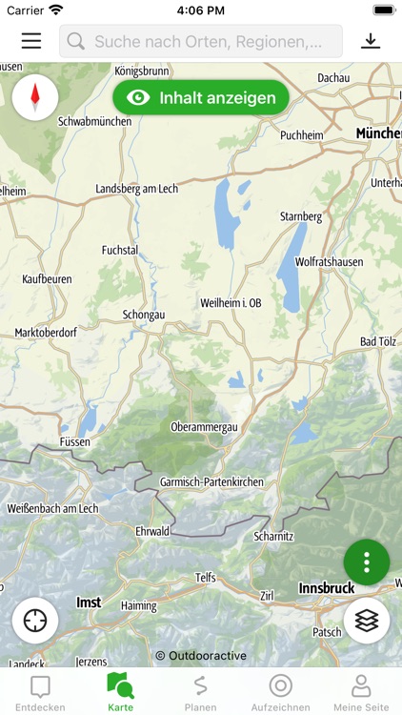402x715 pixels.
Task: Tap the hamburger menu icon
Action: click(x=31, y=41)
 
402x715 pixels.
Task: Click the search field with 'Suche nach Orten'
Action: click(x=201, y=41)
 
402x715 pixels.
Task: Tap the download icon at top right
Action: click(x=370, y=41)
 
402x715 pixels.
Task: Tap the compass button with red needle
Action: click(x=35, y=96)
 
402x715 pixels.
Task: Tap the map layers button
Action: click(x=367, y=621)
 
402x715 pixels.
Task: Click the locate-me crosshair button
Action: click(x=35, y=621)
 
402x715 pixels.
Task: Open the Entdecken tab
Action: click(x=40, y=693)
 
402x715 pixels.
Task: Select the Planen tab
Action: click(x=200, y=693)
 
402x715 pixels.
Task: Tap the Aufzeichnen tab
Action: click(x=280, y=693)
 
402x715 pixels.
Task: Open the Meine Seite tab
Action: click(x=361, y=693)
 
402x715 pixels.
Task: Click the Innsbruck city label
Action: click(x=327, y=588)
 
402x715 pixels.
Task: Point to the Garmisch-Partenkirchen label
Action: click(x=211, y=482)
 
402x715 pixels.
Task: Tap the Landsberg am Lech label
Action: click(x=137, y=189)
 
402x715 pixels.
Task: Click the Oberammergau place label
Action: click(x=203, y=427)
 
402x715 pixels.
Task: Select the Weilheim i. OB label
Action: click(x=231, y=302)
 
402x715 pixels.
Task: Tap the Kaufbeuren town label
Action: click(x=48, y=279)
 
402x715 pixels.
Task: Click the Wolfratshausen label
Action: click(x=329, y=260)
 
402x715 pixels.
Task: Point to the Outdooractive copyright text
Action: click(x=201, y=656)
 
